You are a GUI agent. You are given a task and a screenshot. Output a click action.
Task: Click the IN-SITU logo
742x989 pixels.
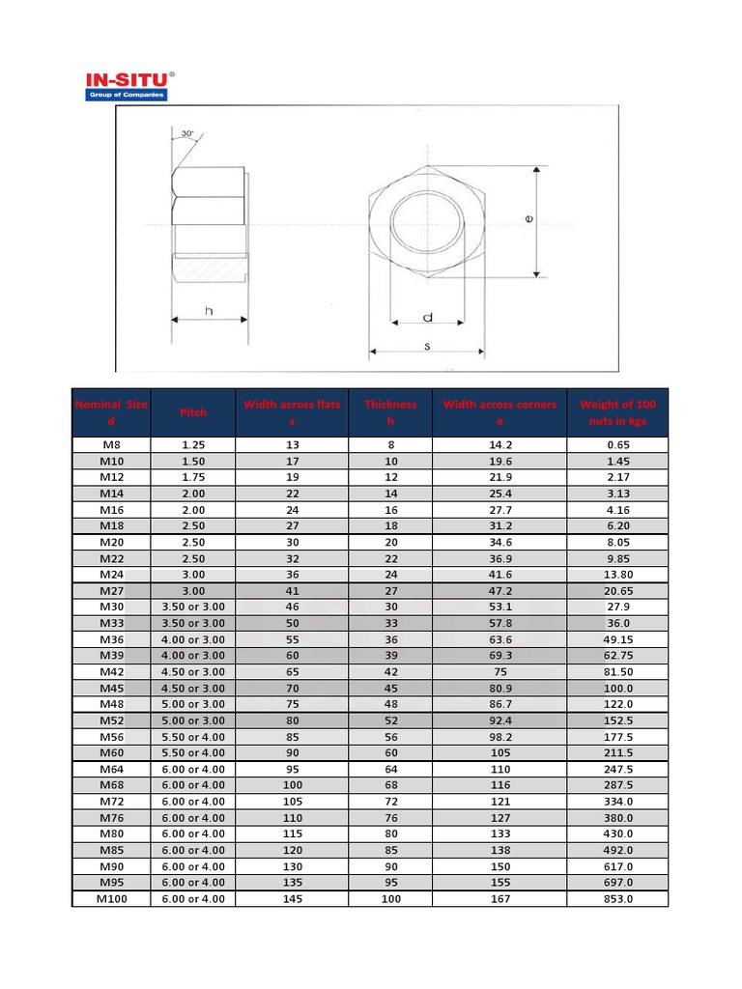(x=127, y=85)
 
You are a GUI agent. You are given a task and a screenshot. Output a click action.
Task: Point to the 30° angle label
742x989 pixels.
(x=186, y=133)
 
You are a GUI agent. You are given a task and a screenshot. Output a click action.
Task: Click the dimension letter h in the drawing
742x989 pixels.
(x=209, y=310)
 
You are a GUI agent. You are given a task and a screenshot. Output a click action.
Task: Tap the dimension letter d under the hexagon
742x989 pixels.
(x=426, y=317)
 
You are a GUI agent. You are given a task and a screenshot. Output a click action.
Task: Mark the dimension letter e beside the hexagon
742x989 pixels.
(x=528, y=219)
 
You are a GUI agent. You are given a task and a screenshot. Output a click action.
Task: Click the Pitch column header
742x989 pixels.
(x=193, y=412)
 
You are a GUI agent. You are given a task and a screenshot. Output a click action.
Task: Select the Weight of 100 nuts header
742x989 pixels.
(x=617, y=412)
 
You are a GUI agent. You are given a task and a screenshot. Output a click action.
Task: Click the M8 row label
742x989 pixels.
(x=111, y=445)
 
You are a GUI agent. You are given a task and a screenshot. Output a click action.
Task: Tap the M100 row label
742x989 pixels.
(x=111, y=898)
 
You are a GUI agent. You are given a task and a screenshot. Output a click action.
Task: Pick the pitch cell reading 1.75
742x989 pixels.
(x=193, y=477)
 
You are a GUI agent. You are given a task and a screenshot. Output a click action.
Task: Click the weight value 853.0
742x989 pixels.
(x=617, y=898)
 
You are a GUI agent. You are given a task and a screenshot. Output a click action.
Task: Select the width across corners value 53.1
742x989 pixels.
(x=499, y=607)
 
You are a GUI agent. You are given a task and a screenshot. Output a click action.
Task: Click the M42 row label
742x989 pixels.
(x=111, y=671)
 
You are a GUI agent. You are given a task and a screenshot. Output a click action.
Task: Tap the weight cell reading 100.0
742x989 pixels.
(x=617, y=688)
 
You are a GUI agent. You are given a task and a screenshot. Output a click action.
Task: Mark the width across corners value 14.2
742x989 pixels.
(x=499, y=445)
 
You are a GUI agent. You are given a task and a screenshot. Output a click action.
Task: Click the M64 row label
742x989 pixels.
(x=111, y=769)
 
